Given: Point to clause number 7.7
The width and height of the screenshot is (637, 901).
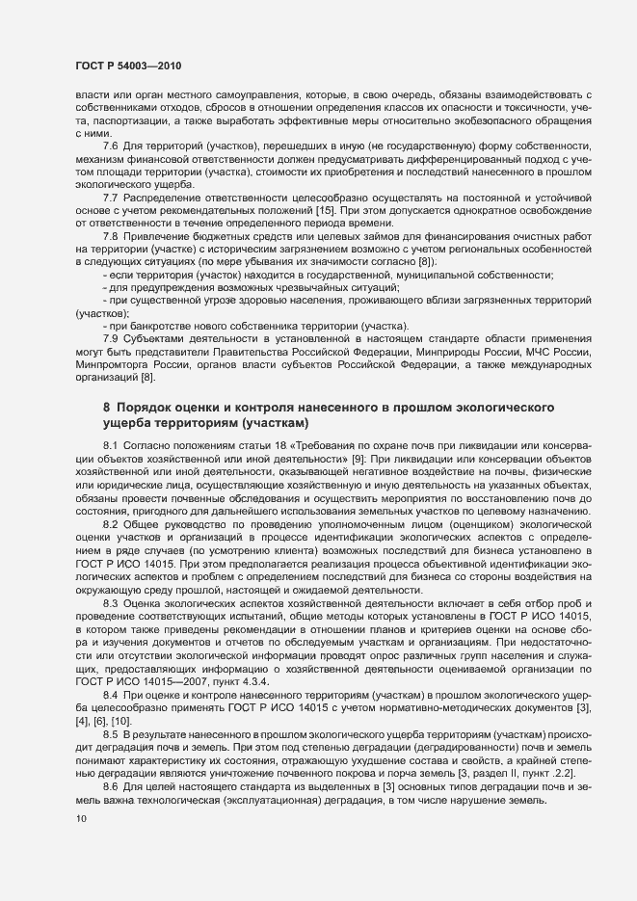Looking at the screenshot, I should [110, 197].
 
